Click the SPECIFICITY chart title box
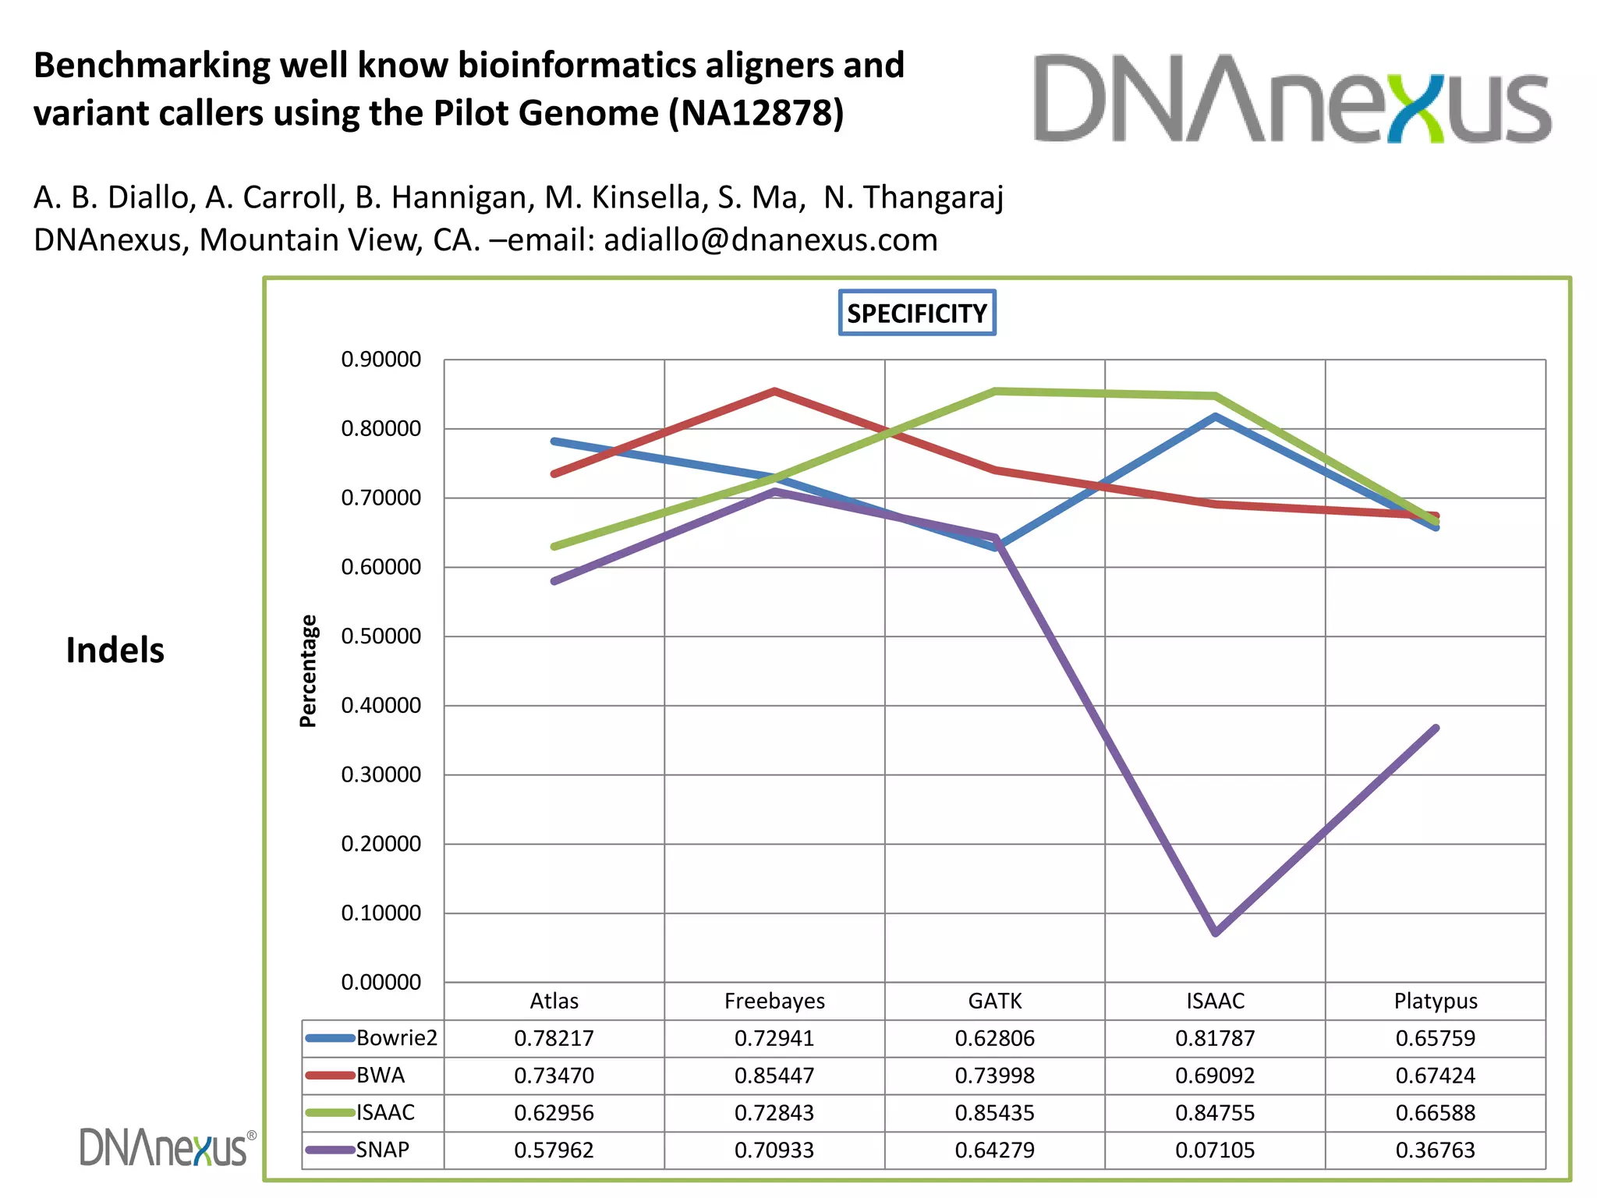[917, 314]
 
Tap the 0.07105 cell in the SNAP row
[1215, 1150]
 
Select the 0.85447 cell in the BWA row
[774, 1076]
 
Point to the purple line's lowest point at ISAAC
[1216, 932]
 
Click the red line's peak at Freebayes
[774, 391]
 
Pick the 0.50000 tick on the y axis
[381, 636]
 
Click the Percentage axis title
[309, 671]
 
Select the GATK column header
[995, 1001]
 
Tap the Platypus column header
[1436, 1001]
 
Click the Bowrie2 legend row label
[397, 1038]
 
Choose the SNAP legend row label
[383, 1150]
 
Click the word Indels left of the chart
[115, 650]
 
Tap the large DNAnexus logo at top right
[1292, 99]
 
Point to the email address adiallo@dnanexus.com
[770, 240]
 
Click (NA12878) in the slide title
[756, 113]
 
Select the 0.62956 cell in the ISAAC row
[554, 1113]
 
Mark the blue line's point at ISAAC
[1216, 416]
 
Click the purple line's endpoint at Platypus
[1436, 728]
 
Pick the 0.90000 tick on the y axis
[381, 360]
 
